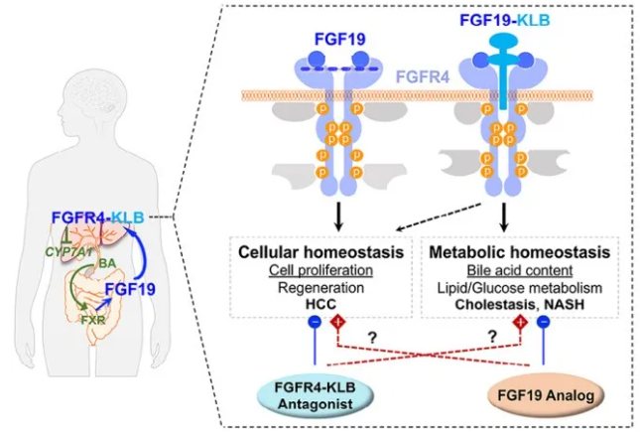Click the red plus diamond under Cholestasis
pos(518,324)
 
